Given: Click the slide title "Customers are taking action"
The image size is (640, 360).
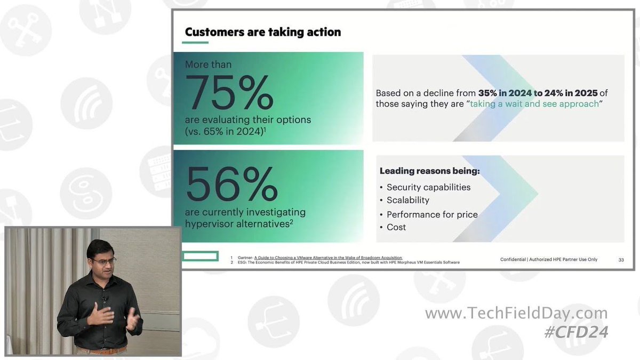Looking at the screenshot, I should click(262, 32).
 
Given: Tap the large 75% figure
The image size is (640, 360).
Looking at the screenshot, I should click(229, 93).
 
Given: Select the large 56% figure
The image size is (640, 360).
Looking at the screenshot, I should click(231, 184).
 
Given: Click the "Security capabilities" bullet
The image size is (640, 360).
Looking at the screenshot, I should click(428, 187).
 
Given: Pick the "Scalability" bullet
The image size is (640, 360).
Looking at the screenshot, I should click(407, 200).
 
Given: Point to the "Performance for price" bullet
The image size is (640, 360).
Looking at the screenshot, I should click(431, 214).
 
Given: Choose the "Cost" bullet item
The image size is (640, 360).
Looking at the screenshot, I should click(396, 227).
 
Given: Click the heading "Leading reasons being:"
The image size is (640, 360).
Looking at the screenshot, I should click(429, 171).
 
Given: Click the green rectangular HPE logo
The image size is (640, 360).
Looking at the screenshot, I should click(200, 257).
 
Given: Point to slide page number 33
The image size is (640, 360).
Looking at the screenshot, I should click(621, 260).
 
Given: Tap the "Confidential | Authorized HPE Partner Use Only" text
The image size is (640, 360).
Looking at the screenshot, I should click(549, 260).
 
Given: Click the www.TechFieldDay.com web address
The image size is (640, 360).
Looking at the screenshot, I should click(516, 313).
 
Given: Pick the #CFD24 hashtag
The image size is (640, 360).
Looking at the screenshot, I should click(576, 332).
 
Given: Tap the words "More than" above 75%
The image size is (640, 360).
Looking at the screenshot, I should click(208, 65).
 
